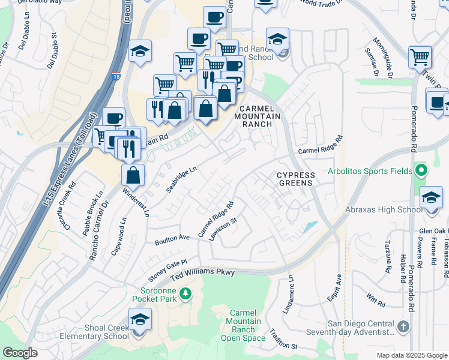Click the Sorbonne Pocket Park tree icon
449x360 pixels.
click(x=186, y=293)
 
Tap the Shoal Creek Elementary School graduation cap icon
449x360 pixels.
click(x=140, y=318)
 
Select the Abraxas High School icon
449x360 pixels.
click(x=431, y=197)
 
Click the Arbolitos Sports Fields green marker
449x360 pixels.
click(x=421, y=171)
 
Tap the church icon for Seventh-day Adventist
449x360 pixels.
click(x=403, y=327)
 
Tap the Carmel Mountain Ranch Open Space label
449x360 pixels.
click(x=246, y=326)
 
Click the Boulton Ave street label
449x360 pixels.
click(x=172, y=239)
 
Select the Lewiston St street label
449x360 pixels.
click(x=223, y=229)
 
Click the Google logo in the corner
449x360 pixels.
click(x=20, y=352)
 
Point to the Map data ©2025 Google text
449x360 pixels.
click(x=411, y=355)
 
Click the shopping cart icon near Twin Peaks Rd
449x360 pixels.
click(x=420, y=58)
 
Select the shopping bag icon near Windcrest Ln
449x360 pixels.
click(x=133, y=175)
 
